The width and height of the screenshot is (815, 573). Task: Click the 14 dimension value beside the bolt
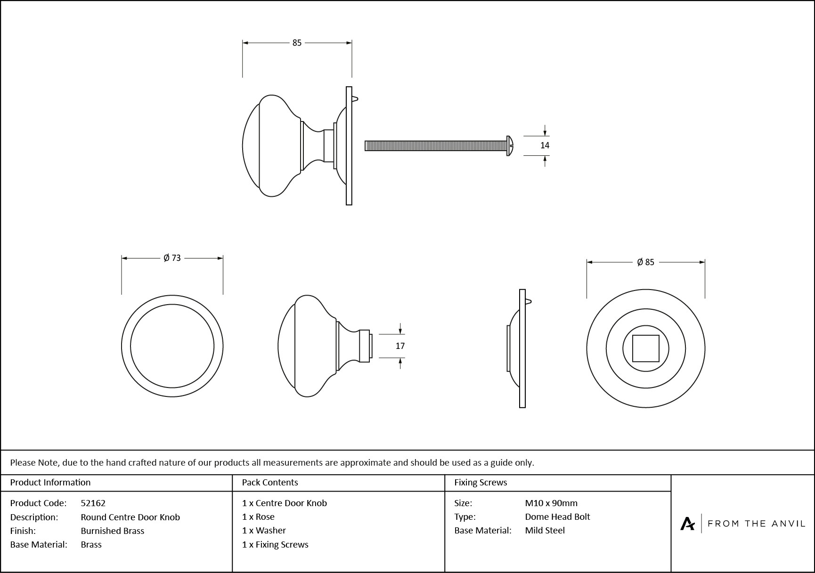coord(545,145)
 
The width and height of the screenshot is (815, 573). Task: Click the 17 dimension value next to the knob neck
coord(400,346)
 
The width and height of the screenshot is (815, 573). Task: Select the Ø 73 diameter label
coord(172,258)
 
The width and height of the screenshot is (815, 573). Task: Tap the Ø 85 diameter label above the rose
coord(645,262)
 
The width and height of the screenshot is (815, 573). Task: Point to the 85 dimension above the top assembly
coord(297,43)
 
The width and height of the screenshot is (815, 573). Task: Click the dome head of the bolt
coord(510,145)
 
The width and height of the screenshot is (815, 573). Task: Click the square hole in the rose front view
coord(645,348)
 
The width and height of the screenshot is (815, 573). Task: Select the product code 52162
coord(93,503)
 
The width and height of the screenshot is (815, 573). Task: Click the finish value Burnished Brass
coord(113,531)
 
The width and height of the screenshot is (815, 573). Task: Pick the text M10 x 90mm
coord(551,503)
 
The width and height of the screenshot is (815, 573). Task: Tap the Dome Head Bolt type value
coord(557,517)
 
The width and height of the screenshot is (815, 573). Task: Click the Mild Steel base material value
coord(545,530)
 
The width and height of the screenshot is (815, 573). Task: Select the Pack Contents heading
coord(270,482)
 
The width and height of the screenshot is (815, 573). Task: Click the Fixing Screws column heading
coord(481,482)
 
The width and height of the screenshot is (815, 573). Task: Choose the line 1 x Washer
coord(264,530)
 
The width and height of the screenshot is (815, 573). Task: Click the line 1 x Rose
coord(258,517)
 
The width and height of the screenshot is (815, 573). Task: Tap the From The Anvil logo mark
coord(687,524)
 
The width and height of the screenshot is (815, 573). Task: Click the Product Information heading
coord(50,482)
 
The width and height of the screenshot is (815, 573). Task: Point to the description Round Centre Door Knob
coord(130,517)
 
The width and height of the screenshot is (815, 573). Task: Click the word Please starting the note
coord(23,462)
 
